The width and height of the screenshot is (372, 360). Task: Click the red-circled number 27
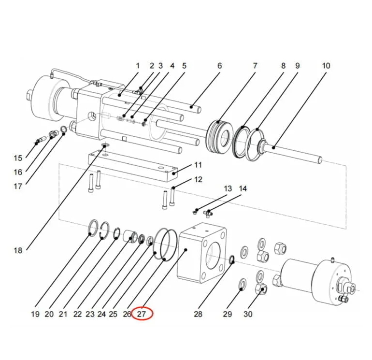[142, 314]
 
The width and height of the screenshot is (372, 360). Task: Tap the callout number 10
[326, 66]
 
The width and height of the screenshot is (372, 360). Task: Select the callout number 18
[18, 250]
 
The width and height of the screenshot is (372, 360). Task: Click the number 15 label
[18, 158]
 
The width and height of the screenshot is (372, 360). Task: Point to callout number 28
[198, 314]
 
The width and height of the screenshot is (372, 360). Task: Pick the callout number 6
[219, 66]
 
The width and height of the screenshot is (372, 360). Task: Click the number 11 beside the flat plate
[198, 165]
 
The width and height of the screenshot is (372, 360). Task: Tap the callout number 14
[243, 188]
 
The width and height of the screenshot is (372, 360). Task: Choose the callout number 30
[248, 314]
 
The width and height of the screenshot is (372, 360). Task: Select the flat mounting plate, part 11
[130, 167]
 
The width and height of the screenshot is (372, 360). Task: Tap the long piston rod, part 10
[295, 152]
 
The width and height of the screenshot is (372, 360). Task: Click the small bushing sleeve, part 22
[130, 236]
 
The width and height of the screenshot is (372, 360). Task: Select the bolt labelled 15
[38, 142]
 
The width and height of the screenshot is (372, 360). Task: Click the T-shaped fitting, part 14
[208, 212]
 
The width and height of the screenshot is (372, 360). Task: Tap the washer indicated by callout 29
[242, 284]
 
